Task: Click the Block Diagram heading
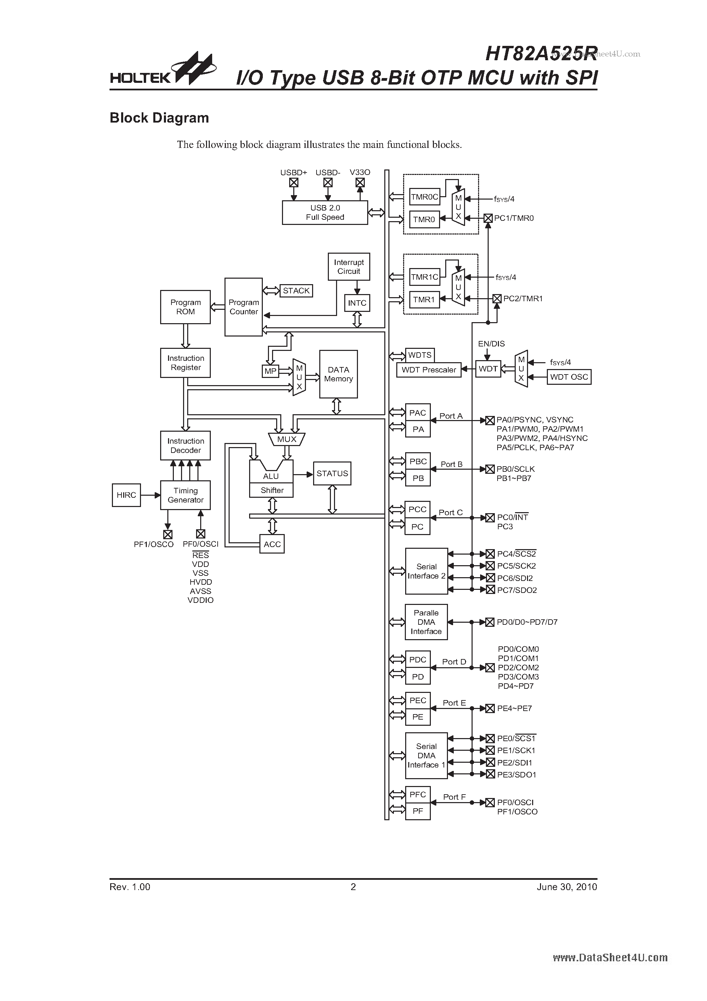[159, 118]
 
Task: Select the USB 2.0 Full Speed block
[325, 213]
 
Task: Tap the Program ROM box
[185, 307]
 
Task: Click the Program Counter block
[243, 307]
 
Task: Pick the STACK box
[296, 291]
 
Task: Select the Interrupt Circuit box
[349, 266]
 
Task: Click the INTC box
[357, 303]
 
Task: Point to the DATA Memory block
[338, 374]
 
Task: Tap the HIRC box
[126, 495]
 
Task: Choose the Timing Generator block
[185, 495]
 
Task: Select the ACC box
[272, 544]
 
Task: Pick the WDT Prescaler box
[428, 370]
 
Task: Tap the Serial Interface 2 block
[426, 571]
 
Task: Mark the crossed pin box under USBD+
[294, 183]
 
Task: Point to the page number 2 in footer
[353, 887]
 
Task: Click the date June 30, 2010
[567, 887]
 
